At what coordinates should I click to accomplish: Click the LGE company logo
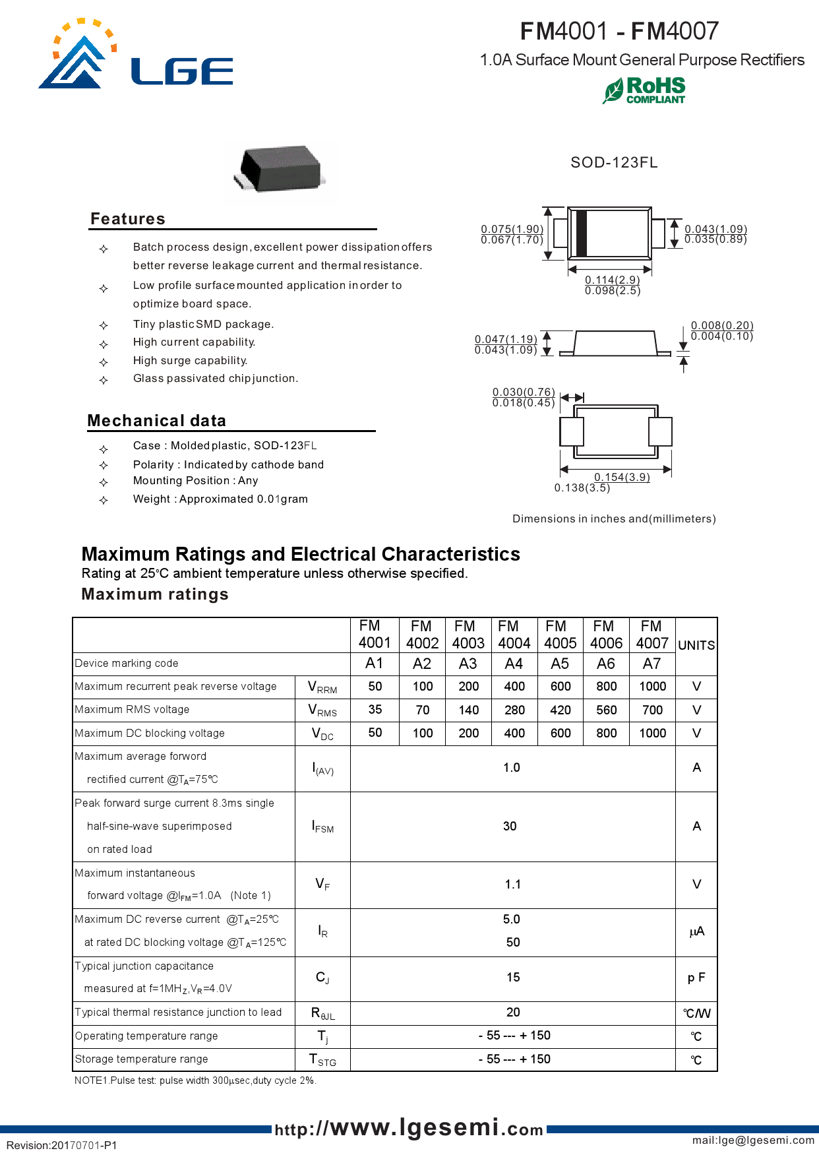(x=135, y=56)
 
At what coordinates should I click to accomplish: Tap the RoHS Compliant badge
(x=644, y=90)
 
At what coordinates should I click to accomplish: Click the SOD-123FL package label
(x=614, y=162)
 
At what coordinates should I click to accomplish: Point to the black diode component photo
(x=280, y=170)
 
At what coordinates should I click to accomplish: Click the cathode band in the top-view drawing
(x=581, y=233)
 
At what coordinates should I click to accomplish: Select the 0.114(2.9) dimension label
(x=612, y=280)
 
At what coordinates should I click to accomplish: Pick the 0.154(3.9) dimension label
(x=622, y=477)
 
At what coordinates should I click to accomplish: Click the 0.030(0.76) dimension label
(x=524, y=392)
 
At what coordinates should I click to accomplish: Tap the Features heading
(x=128, y=219)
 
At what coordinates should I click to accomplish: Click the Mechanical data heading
(x=157, y=421)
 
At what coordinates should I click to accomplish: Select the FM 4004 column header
(x=514, y=635)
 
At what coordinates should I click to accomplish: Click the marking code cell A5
(x=560, y=664)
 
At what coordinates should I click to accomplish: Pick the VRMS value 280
(x=514, y=710)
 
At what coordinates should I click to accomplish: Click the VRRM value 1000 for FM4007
(x=652, y=687)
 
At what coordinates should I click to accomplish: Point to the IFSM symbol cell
(x=322, y=827)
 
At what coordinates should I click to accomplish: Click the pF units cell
(x=696, y=978)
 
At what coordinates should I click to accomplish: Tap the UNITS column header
(x=696, y=645)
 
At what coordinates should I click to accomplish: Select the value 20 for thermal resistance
(x=513, y=1012)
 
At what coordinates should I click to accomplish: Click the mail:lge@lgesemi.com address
(x=753, y=1140)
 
